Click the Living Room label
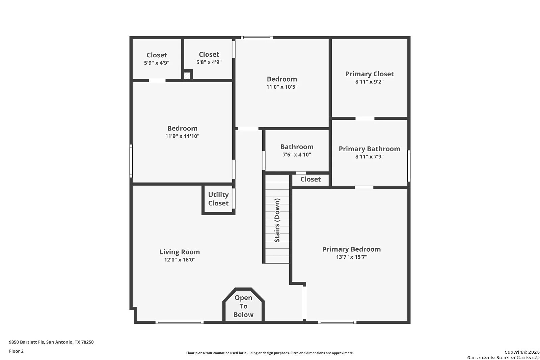(x=180, y=252)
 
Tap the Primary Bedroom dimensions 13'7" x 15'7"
(x=351, y=257)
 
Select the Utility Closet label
(x=218, y=199)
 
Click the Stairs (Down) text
(x=277, y=220)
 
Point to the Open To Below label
(x=243, y=306)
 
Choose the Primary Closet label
(x=369, y=74)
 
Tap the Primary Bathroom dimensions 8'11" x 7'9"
(x=369, y=157)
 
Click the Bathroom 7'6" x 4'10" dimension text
(x=297, y=155)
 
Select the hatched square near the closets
(x=187, y=76)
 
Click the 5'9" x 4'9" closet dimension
(x=157, y=63)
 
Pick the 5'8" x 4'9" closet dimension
(x=209, y=62)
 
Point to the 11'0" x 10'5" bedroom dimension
(x=282, y=87)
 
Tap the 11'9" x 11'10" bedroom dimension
(x=182, y=136)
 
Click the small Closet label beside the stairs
(x=310, y=179)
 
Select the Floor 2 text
(x=16, y=351)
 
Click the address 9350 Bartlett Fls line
(x=51, y=342)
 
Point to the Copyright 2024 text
(x=522, y=352)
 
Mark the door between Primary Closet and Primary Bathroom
(x=365, y=118)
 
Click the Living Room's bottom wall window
(x=180, y=322)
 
